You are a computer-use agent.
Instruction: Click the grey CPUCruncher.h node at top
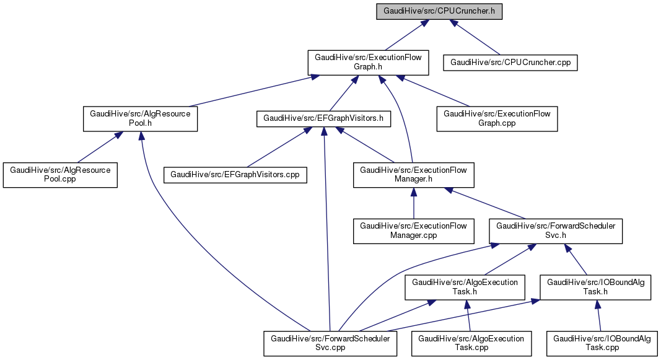[439, 11]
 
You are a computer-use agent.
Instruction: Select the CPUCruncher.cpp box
[510, 63]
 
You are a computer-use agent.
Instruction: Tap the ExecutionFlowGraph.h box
[366, 63]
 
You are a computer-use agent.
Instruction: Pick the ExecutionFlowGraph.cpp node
[497, 118]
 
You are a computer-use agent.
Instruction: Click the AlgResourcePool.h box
[140, 118]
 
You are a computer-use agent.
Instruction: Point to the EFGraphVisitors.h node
[324, 118]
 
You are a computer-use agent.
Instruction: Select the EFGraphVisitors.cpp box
[235, 175]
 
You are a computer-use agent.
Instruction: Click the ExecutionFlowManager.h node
[413, 175]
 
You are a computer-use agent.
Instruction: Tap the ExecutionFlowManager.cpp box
[413, 231]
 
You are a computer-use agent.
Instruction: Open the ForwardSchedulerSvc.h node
[556, 231]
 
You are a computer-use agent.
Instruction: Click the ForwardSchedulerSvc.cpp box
[330, 343]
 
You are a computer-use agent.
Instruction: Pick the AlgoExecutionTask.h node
[465, 288]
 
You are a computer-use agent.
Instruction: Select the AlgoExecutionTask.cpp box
[471, 343]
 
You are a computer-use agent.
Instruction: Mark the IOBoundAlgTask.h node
[595, 288]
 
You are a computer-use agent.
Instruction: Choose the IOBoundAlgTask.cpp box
[602, 343]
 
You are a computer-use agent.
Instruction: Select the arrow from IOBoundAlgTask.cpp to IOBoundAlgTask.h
[598, 315]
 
